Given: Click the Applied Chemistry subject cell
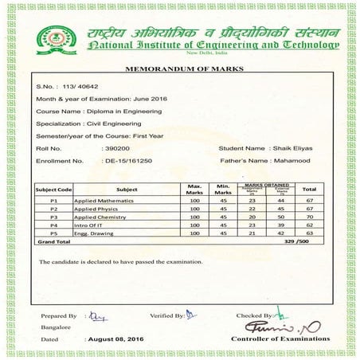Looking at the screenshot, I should click(96, 217).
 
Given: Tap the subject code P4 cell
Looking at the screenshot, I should click(53, 225).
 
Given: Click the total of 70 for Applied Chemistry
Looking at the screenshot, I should click(311, 217).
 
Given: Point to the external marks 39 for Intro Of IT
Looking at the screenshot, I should click(281, 225).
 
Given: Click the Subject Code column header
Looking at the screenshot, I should click(53, 190).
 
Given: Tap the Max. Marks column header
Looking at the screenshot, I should click(194, 190).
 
